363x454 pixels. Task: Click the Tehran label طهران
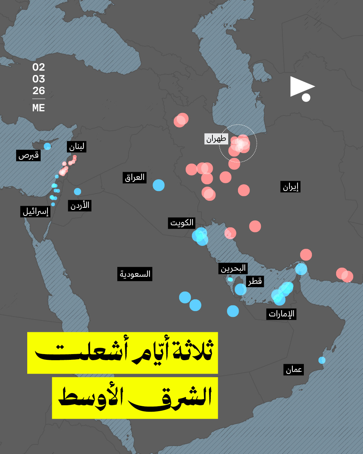pyautogui.click(x=216, y=139)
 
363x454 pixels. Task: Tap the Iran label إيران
pyautogui.click(x=290, y=187)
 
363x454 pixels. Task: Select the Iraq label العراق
pyautogui.click(x=134, y=177)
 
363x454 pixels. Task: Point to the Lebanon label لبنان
pyautogui.click(x=77, y=147)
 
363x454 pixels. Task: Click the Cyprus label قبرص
pyautogui.click(x=29, y=155)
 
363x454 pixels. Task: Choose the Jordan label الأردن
pyautogui.click(x=80, y=205)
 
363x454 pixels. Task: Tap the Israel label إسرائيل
pyautogui.click(x=35, y=212)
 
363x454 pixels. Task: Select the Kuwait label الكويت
pyautogui.click(x=182, y=223)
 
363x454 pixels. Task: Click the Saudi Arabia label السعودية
pyautogui.click(x=135, y=274)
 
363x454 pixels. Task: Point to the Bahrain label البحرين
pyautogui.click(x=233, y=268)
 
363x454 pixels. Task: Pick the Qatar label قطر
pyautogui.click(x=255, y=281)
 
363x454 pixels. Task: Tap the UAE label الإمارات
pyautogui.click(x=281, y=314)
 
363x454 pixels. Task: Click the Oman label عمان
pyautogui.click(x=294, y=370)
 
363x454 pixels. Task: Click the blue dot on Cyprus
pyautogui.click(x=47, y=146)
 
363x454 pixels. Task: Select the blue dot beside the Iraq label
pyautogui.click(x=159, y=185)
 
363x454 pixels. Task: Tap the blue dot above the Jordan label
pyautogui.click(x=78, y=191)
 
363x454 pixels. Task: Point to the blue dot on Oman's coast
pyautogui.click(x=322, y=360)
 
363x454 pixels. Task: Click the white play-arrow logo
pyautogui.click(x=301, y=88)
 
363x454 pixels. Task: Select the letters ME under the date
pyautogui.click(x=39, y=108)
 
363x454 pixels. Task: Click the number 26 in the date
pyautogui.click(x=39, y=91)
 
